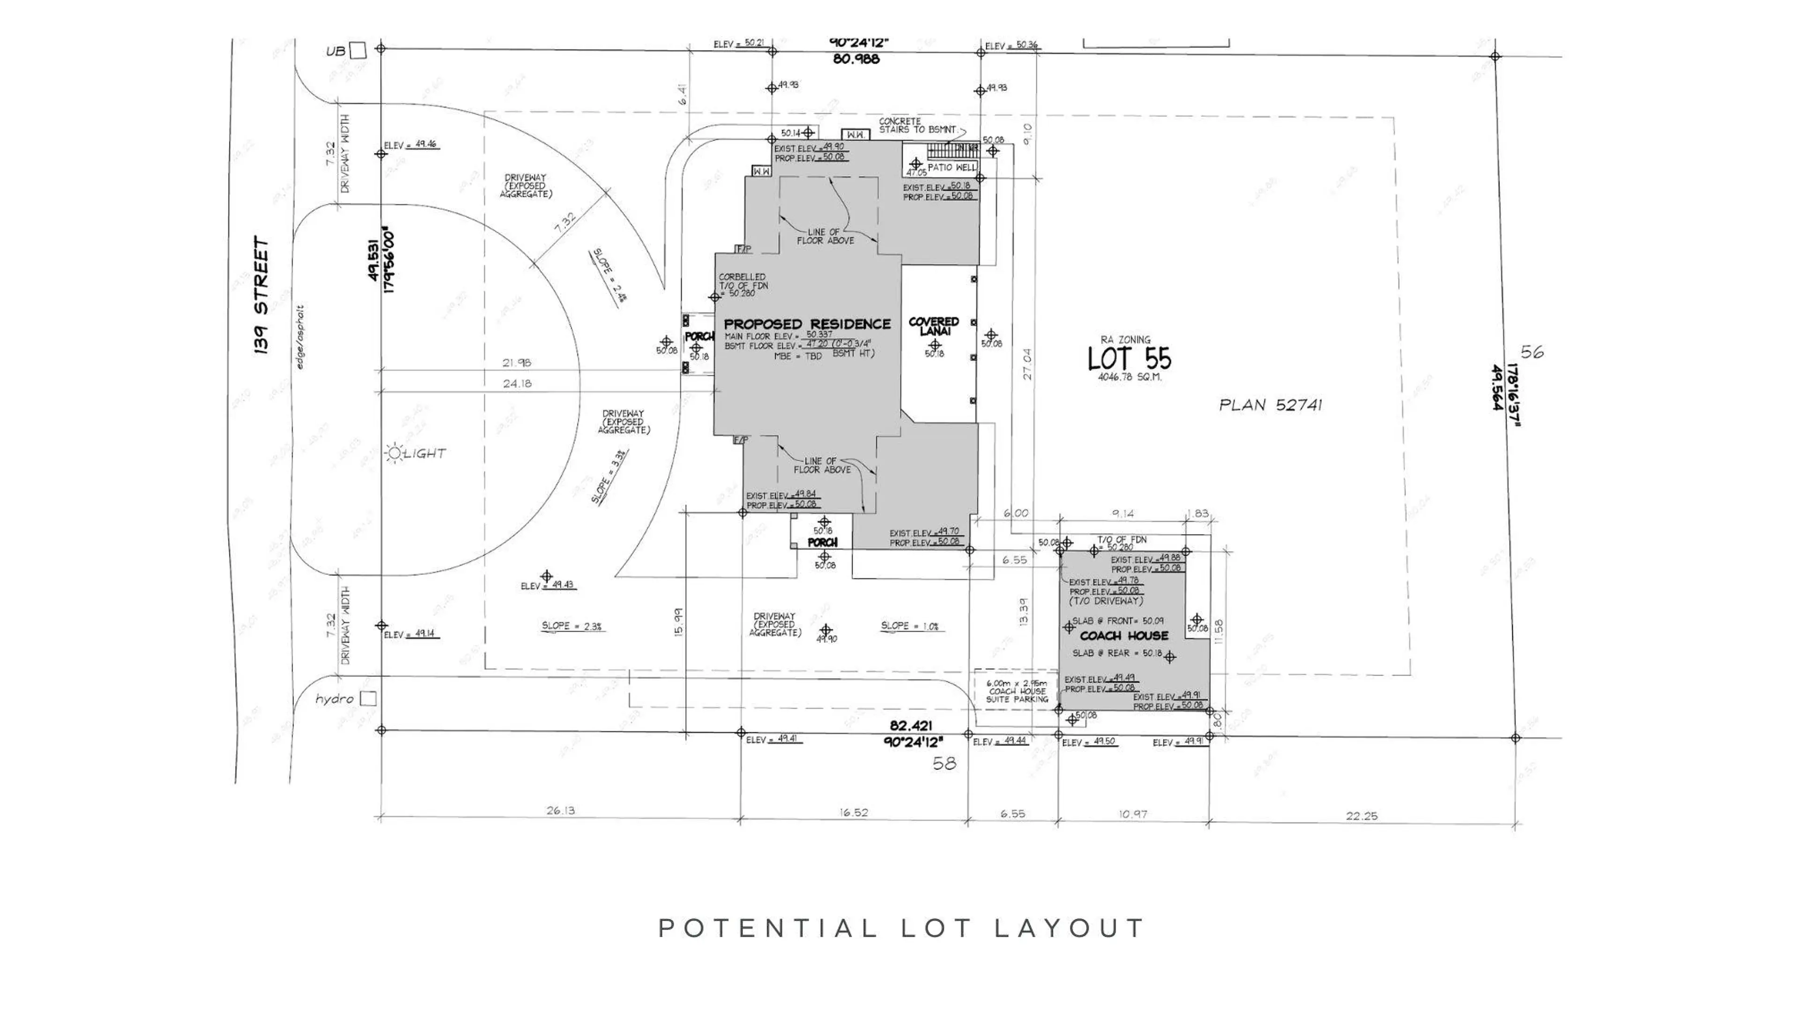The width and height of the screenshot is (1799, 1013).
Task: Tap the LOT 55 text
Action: click(1129, 359)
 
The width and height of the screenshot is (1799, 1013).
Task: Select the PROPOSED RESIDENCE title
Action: click(807, 324)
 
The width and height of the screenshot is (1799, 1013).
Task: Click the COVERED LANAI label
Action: click(933, 326)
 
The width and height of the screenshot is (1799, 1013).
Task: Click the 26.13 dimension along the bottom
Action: click(560, 811)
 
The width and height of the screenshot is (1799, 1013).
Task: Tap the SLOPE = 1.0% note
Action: click(909, 626)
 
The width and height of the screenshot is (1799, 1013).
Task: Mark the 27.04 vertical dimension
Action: click(1026, 364)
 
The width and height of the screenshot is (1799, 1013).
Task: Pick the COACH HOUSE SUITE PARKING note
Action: click(1017, 691)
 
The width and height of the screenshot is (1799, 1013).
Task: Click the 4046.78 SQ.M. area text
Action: click(1129, 377)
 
